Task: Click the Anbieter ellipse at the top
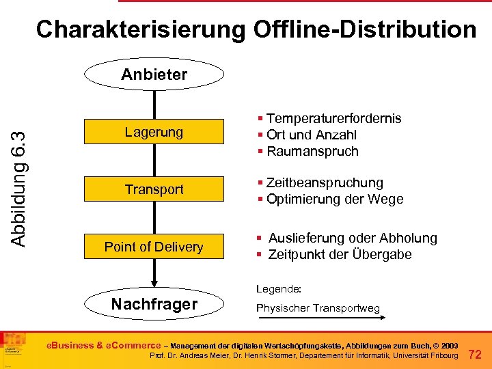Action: click(154, 74)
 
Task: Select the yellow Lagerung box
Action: click(154, 132)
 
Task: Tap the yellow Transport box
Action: click(154, 189)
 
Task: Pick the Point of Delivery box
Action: click(154, 247)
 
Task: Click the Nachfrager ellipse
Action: click(154, 304)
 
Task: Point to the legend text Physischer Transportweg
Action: click(318, 308)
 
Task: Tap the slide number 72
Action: click(476, 354)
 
